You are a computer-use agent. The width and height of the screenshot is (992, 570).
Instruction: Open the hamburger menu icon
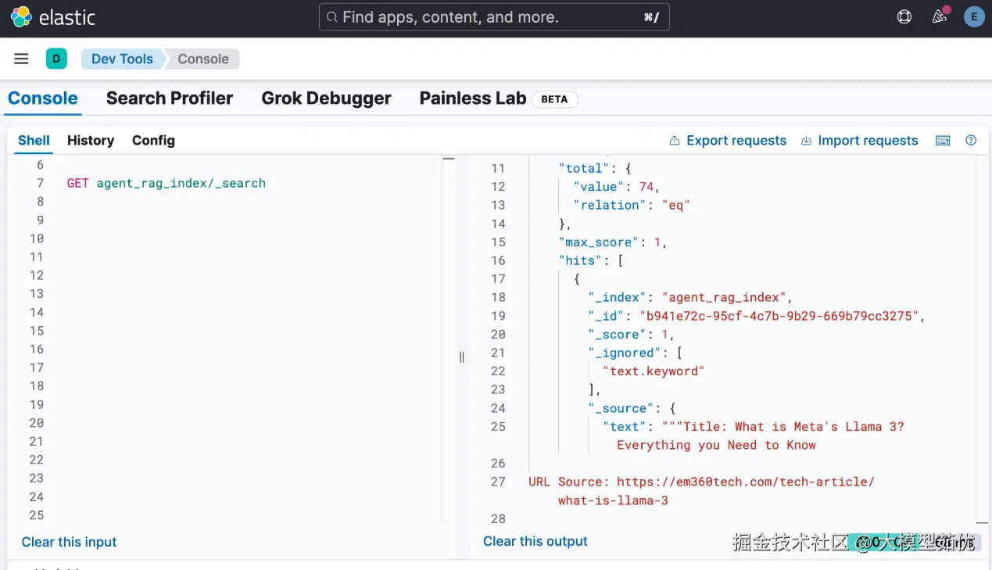[21, 59]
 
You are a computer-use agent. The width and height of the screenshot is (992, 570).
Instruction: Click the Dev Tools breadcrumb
[122, 59]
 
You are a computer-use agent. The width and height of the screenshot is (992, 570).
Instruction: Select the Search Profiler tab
[170, 99]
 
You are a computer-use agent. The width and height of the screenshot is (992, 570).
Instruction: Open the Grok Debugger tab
[326, 99]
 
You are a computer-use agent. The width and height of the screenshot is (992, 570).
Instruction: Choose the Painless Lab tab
[472, 99]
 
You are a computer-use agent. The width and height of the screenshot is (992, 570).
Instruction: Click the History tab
[91, 141]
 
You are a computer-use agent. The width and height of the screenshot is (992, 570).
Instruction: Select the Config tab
[153, 141]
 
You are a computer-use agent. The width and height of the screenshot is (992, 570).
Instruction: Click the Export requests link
[736, 141]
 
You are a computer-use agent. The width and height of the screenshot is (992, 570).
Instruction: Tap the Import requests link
[867, 141]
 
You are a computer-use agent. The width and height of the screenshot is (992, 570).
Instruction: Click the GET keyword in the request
[77, 183]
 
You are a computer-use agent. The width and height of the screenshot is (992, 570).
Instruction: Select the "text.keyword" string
[654, 371]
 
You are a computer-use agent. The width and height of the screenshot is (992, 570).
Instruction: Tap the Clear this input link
[69, 542]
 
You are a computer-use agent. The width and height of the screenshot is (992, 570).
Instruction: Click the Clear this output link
[535, 541]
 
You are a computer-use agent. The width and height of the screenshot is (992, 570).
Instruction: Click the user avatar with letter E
[974, 17]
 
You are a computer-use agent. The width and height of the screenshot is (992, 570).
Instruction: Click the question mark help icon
[971, 141]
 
